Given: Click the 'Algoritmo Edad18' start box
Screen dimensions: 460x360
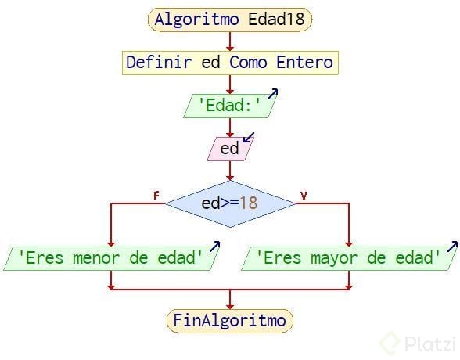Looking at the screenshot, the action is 230,20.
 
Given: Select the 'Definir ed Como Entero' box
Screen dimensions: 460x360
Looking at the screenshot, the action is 230,63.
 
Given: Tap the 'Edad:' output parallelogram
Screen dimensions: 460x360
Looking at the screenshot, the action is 230,106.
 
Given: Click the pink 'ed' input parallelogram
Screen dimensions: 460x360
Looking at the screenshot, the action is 230,149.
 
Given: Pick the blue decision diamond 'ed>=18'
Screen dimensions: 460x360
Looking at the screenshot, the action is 230,203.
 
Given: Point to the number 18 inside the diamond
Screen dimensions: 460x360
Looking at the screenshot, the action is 249,203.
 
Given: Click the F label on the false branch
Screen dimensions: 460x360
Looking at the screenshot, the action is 156,196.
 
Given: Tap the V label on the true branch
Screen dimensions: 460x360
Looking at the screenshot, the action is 304,196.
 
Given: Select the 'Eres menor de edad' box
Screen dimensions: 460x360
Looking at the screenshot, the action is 111,258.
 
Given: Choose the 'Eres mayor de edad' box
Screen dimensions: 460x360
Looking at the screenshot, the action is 349,258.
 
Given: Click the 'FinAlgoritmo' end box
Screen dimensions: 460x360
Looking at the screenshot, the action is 230,321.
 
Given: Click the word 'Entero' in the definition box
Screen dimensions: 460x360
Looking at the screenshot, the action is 304,62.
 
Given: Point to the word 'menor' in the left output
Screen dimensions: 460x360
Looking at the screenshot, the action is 96,258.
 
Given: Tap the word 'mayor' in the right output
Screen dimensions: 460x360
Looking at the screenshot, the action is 334,259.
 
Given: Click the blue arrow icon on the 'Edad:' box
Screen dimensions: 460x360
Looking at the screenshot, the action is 273,94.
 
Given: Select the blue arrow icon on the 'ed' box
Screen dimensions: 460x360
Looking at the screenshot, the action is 249,137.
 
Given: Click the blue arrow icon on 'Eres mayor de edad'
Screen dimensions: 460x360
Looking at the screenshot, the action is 452,247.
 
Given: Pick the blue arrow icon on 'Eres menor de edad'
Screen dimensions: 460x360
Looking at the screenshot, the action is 214,247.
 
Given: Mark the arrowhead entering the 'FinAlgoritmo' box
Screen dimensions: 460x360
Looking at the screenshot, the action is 230,306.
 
